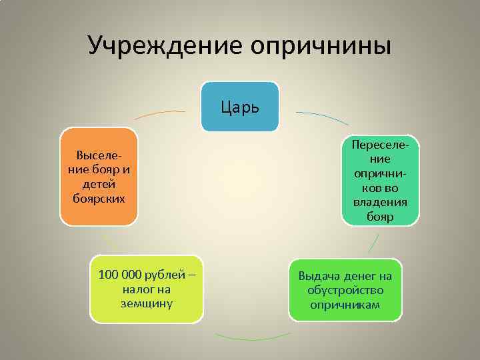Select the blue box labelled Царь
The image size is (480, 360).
[x=241, y=107]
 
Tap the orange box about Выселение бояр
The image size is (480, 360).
[x=99, y=177]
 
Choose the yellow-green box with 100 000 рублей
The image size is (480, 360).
[x=147, y=289]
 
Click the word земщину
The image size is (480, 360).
[x=147, y=303]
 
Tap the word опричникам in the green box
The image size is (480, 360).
[x=345, y=305]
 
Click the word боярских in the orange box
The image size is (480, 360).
[x=99, y=199]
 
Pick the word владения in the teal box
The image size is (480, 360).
[x=381, y=203]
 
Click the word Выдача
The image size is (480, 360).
[x=317, y=276]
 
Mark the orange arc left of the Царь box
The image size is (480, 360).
[x=160, y=114]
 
